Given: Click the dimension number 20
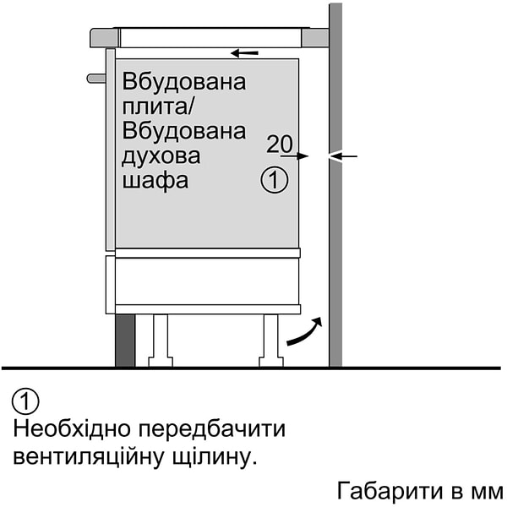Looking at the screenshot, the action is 280,144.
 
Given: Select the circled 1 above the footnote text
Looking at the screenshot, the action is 27,401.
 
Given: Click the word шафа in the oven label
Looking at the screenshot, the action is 155,181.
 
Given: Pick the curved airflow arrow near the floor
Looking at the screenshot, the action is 304,332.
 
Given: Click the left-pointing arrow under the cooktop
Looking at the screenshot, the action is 245,53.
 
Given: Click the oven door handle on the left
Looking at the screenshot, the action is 95,79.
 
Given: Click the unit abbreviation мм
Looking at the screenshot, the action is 486,492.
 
